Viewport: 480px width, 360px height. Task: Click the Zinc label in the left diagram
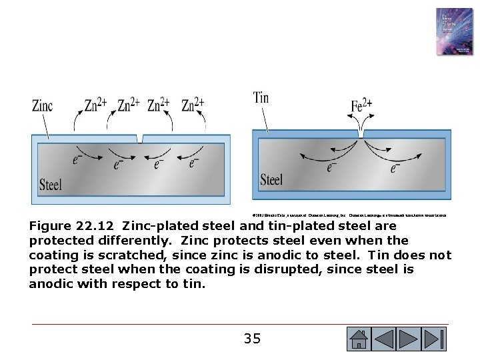point(43,105)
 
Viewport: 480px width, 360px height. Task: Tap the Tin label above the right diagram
point(261,98)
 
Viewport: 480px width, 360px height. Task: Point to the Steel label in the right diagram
point(271,179)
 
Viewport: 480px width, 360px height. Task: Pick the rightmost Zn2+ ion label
point(194,105)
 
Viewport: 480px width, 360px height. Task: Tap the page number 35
point(252,339)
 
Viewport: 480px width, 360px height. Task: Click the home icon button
point(359,339)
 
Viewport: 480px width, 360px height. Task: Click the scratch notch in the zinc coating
point(139,138)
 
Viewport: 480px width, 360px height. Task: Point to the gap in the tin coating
point(361,134)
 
